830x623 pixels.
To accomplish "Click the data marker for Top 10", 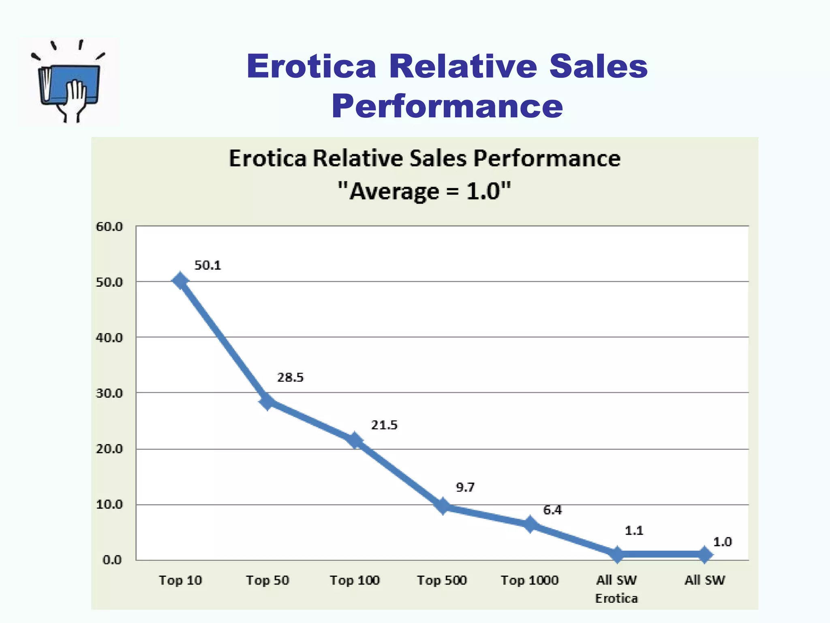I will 180,281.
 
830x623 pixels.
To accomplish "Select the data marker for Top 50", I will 267,402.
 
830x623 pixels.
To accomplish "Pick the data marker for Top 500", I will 443,506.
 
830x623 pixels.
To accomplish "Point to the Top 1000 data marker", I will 530,524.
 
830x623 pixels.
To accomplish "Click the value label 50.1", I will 207,265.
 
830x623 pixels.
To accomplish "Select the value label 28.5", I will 290,378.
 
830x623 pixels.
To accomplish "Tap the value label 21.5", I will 384,425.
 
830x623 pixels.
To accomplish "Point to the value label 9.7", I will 465,487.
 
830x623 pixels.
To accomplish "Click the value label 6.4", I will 552,510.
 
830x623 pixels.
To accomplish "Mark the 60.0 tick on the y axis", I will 109,226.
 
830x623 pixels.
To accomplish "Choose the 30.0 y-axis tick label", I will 109,393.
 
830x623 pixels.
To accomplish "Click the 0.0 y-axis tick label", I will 112,560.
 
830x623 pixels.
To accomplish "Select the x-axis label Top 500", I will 442,580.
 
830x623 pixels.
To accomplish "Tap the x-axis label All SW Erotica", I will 616,589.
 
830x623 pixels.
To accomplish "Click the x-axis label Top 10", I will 180,580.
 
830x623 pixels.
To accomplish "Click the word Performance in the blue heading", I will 447,106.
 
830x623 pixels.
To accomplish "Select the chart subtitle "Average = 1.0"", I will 424,191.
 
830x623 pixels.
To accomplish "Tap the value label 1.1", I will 634,531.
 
